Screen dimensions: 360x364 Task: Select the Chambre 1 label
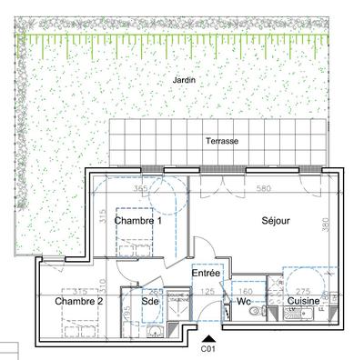tap(138, 221)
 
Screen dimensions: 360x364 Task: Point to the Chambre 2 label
tap(78, 300)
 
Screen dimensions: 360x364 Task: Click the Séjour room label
tap(276, 221)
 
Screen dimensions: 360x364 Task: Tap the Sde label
tap(152, 301)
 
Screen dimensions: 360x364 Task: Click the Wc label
tap(243, 301)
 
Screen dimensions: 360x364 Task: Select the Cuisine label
tap(303, 301)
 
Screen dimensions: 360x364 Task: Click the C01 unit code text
tap(207, 347)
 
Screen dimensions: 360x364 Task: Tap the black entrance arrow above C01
tap(207, 336)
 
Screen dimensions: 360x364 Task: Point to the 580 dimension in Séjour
tap(263, 189)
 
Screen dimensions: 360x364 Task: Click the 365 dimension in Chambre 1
tap(140, 189)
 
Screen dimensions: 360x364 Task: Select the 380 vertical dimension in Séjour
tap(324, 225)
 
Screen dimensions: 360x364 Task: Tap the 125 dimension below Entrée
tap(206, 291)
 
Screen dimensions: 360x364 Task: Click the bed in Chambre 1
tap(136, 244)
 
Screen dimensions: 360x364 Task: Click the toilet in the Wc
tap(227, 311)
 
